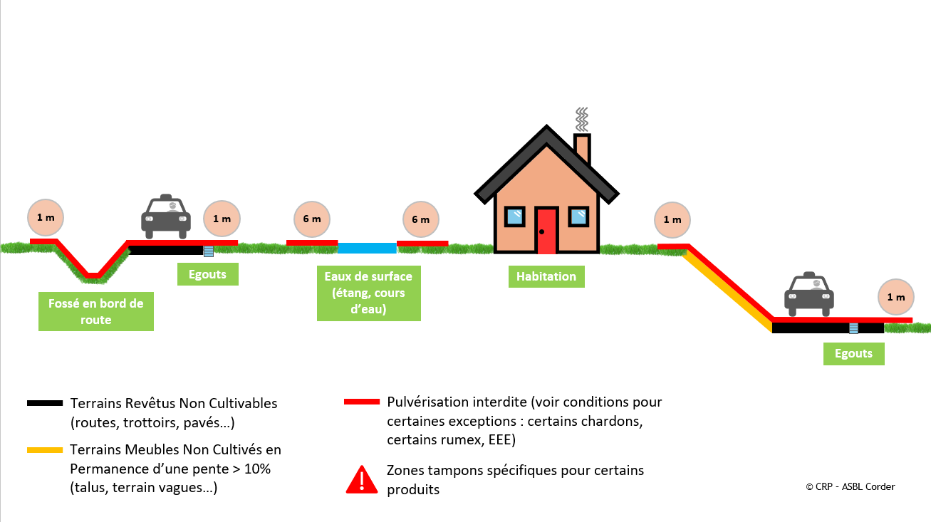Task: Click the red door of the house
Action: point(546,231)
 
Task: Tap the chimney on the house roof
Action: point(582,148)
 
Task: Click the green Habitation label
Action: point(546,276)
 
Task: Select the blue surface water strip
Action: point(367,248)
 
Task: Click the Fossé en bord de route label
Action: point(96,312)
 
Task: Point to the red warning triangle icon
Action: point(362,480)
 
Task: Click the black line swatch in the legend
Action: point(45,404)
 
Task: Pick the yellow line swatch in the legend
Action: point(45,450)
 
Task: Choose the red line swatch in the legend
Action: point(362,402)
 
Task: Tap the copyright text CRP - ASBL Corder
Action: point(850,486)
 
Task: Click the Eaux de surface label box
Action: point(368,293)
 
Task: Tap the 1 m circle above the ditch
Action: point(46,217)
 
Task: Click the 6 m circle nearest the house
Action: point(420,220)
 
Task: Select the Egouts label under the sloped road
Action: point(853,354)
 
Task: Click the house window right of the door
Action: point(578,216)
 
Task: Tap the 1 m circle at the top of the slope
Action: point(672,220)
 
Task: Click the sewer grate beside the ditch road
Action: point(208,251)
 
